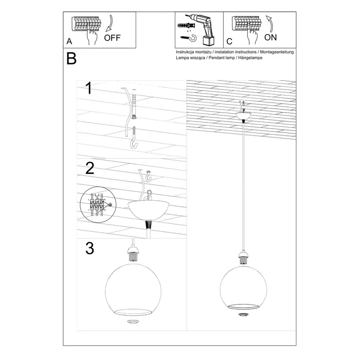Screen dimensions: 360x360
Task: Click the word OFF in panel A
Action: pos(113,38)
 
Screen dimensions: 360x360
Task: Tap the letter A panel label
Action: pos(70,42)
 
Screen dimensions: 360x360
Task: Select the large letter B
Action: pos(71,59)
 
